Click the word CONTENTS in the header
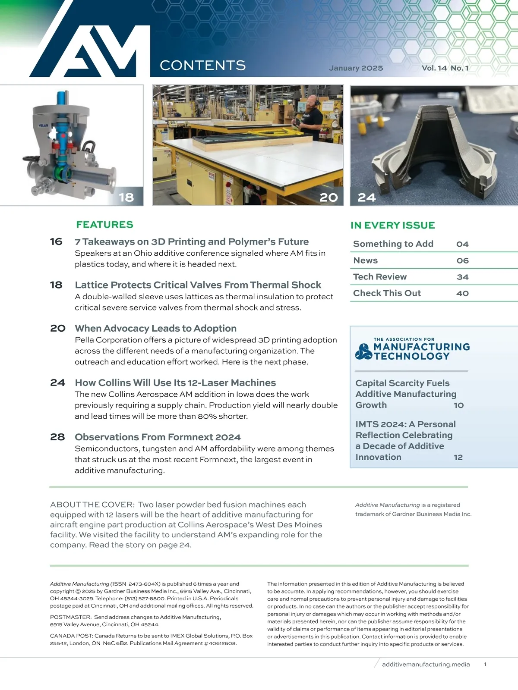click(x=202, y=66)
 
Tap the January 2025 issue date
click(x=356, y=68)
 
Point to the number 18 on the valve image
click(x=126, y=197)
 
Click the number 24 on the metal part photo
click(x=366, y=198)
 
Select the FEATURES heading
click(x=104, y=225)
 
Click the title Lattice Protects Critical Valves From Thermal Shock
click(x=198, y=285)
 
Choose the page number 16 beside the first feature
click(x=56, y=241)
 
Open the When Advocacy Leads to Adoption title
click(x=155, y=329)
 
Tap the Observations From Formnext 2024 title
click(x=158, y=437)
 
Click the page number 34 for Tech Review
click(x=462, y=277)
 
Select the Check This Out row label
click(x=387, y=293)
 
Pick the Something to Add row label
click(x=393, y=244)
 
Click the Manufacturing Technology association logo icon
click(x=363, y=351)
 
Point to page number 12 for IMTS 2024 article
click(x=458, y=457)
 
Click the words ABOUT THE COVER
click(x=91, y=505)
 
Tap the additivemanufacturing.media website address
click(x=426, y=664)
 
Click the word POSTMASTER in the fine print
click(x=70, y=617)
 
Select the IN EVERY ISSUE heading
click(x=392, y=226)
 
